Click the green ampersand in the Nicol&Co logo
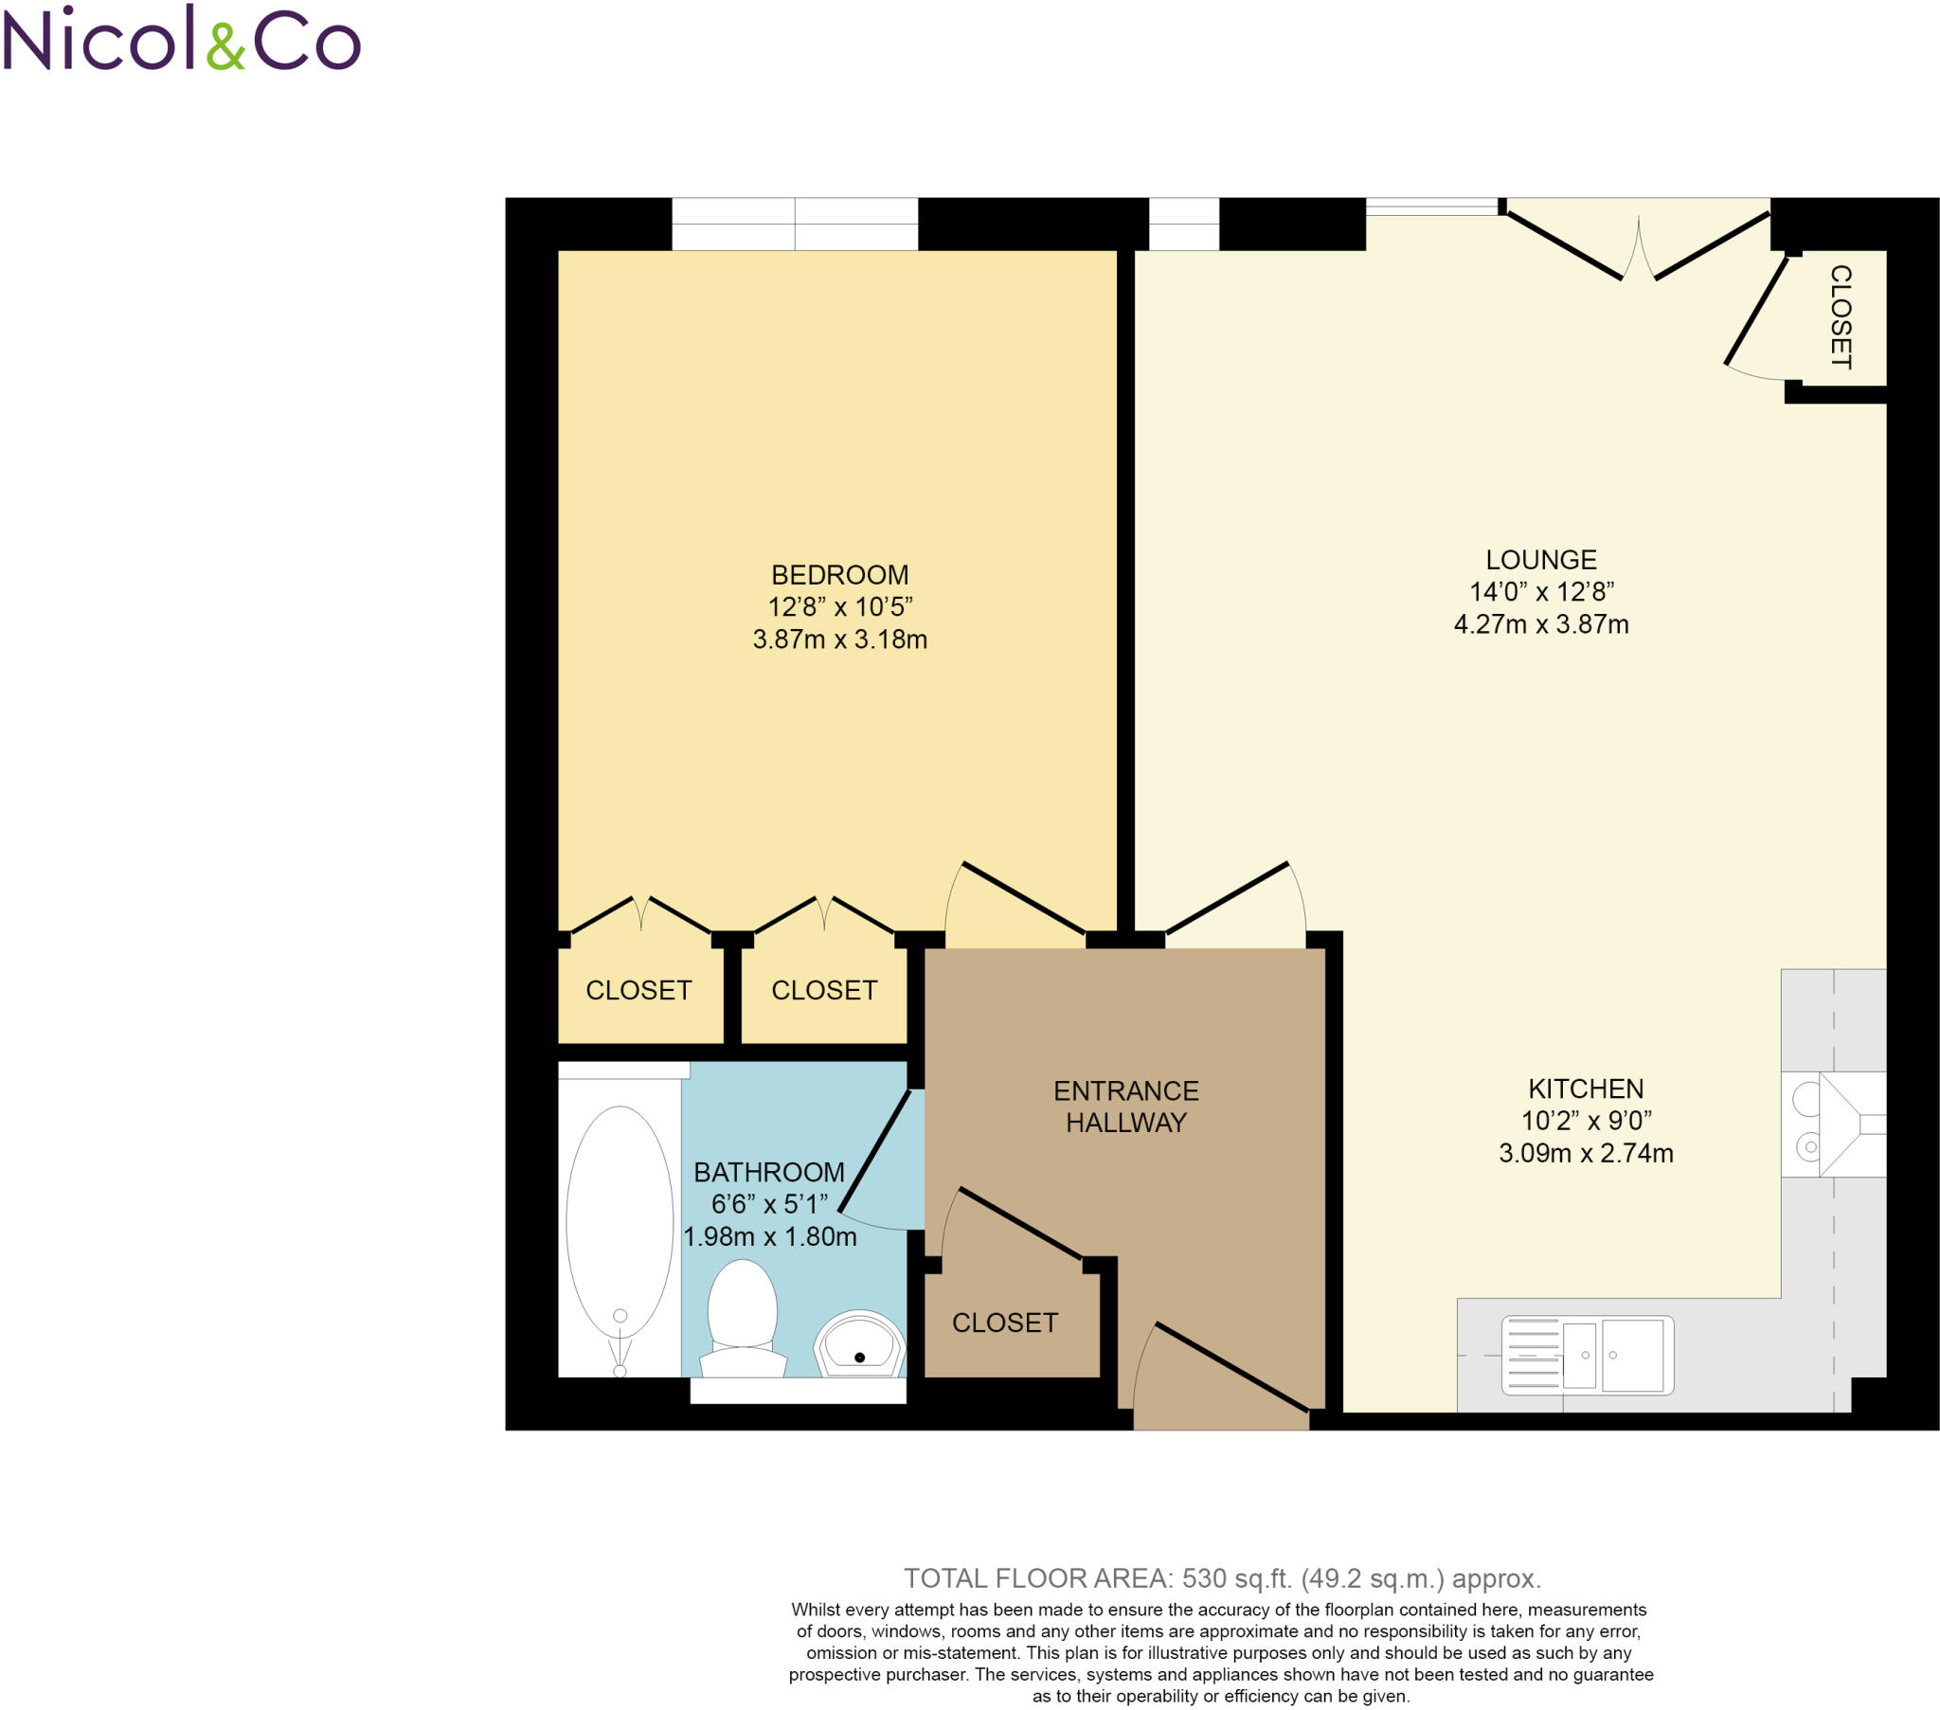click(225, 46)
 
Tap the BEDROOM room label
click(839, 574)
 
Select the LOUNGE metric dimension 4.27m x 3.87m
click(1540, 623)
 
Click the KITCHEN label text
click(1585, 1089)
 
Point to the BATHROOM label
click(769, 1172)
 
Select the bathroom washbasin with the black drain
click(859, 1344)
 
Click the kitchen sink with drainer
click(1587, 1355)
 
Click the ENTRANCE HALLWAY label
click(1125, 1107)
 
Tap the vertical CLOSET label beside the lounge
click(1840, 317)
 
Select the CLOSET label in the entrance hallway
click(1004, 1323)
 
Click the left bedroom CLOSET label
click(638, 990)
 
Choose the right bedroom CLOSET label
click(824, 990)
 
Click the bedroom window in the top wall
click(795, 225)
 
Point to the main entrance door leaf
click(1232, 1366)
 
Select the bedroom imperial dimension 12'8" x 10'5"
click(839, 606)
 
